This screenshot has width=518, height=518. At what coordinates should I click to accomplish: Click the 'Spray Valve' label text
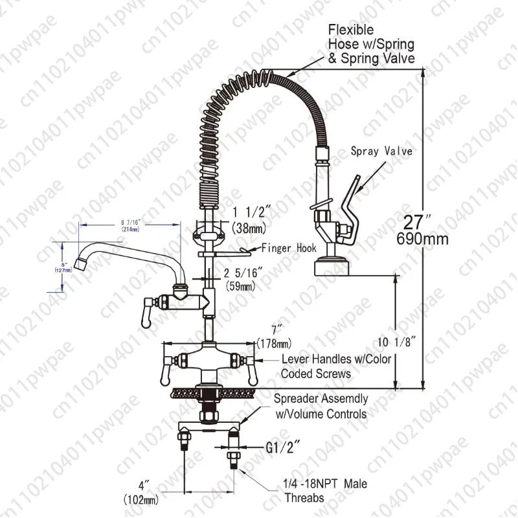coord(381,152)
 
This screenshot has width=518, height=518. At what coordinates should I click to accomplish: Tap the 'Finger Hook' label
coord(288,247)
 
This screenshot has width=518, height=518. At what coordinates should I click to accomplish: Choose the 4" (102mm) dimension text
coord(142,491)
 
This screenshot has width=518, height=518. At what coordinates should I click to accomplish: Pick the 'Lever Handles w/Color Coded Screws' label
coord(336,366)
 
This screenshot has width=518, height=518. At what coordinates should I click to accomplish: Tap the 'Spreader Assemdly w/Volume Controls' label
coord(321,406)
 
